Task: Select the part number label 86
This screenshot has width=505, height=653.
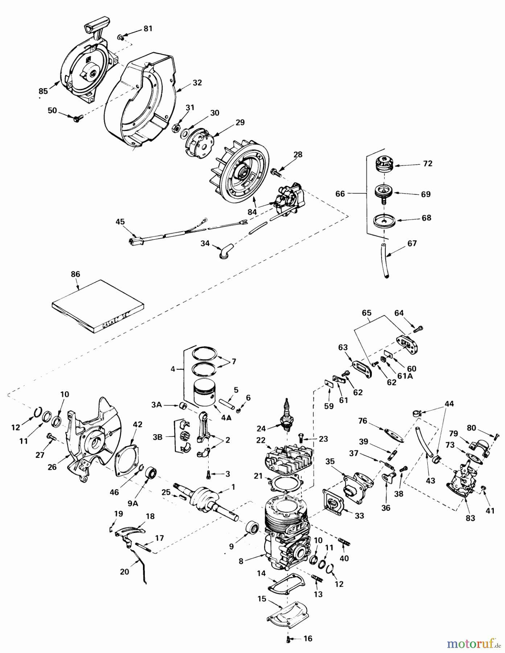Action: point(75,274)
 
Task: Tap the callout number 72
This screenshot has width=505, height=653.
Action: point(427,164)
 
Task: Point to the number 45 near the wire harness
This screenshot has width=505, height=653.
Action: point(120,221)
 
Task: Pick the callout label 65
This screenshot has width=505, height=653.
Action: point(366,312)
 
